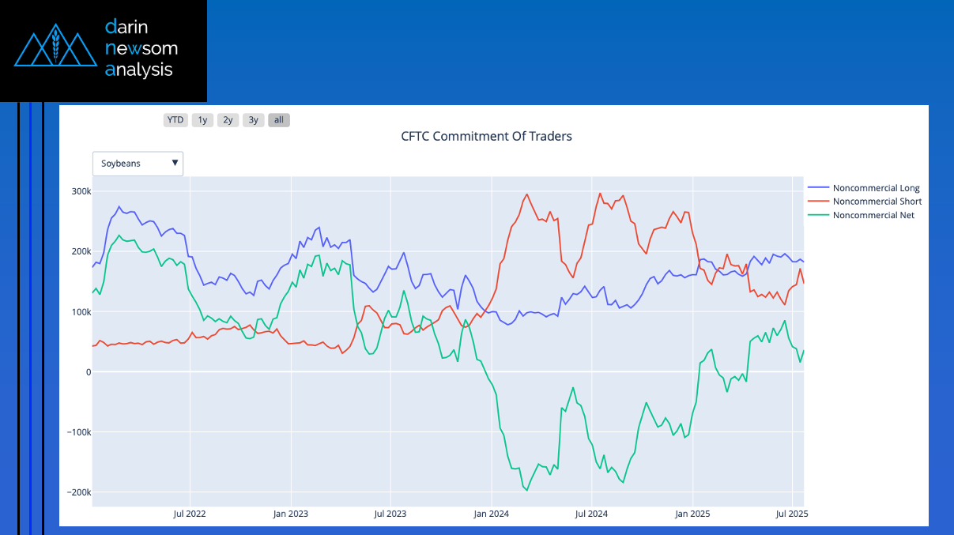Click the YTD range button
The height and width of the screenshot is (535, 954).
[175, 120]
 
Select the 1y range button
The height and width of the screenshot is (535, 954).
[202, 120]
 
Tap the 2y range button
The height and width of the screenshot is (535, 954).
[228, 120]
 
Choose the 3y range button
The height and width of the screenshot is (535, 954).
[253, 120]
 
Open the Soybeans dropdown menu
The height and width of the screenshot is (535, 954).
[138, 164]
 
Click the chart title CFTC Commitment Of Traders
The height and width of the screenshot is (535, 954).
[486, 136]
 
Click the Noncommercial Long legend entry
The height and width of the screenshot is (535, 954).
[876, 188]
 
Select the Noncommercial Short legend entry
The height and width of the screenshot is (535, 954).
[877, 202]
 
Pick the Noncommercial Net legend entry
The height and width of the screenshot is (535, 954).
[873, 215]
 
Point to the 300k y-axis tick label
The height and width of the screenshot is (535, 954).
[81, 191]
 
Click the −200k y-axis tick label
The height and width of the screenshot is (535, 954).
[78, 492]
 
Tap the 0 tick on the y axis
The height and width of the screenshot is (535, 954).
[88, 372]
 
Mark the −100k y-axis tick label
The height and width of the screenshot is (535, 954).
[78, 432]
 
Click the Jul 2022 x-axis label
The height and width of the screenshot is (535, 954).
[190, 514]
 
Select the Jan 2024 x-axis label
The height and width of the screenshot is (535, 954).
[491, 514]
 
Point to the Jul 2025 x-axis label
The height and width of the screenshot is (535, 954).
[792, 514]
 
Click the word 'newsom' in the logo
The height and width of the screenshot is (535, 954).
[141, 49]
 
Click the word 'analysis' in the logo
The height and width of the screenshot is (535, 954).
[138, 70]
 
